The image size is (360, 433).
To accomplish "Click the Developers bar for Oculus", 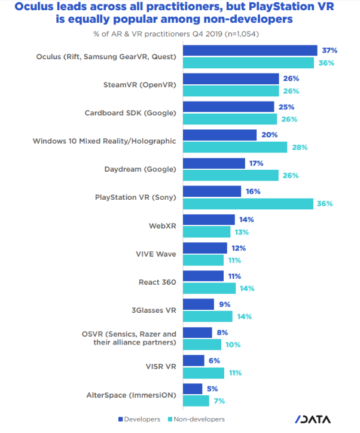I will point(250,50).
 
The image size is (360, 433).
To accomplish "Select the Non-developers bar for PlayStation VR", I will point(248,203).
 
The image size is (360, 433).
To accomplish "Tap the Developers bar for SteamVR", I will point(231,78).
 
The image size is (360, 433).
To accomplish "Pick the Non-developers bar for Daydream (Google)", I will point(231,175).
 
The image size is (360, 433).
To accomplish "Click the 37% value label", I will point(328,50).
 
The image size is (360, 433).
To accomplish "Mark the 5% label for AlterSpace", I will point(212,389).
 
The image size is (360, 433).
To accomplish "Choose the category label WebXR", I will point(163,226).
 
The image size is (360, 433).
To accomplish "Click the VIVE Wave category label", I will point(156,254).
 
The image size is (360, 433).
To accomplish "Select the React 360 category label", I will point(157,282).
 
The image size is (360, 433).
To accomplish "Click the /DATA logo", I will point(312,419).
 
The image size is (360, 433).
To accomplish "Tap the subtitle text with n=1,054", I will point(179,33).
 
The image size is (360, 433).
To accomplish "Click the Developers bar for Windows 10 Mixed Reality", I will point(219,135).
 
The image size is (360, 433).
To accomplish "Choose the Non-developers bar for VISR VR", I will point(203,373).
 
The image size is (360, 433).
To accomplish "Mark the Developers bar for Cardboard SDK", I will point(228,107).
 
